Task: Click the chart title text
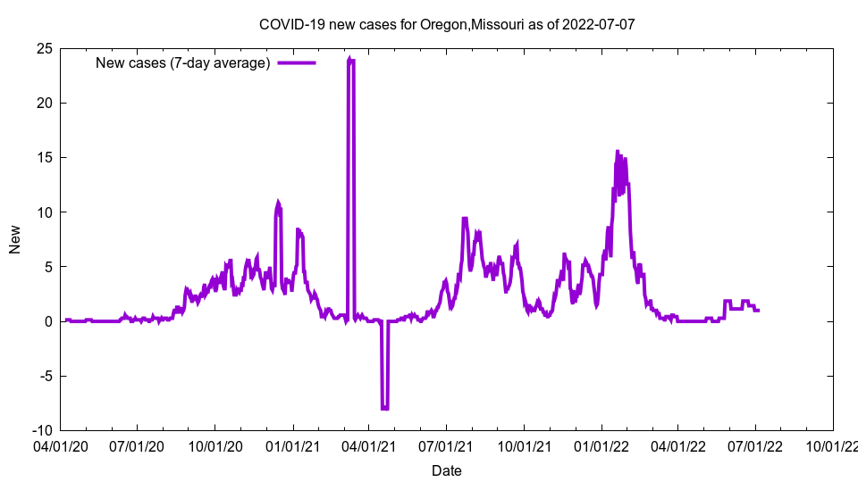446,24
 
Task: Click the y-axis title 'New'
15,239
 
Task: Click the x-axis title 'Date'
446,470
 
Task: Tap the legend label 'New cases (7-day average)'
182,62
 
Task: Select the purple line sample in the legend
297,62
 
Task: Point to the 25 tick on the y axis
44,48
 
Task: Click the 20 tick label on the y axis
44,103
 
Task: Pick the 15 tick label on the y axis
44,157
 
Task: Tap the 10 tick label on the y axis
44,212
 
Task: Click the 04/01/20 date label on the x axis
60,445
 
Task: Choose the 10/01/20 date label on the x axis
215,445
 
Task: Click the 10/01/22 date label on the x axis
834,445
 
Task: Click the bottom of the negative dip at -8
384,408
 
